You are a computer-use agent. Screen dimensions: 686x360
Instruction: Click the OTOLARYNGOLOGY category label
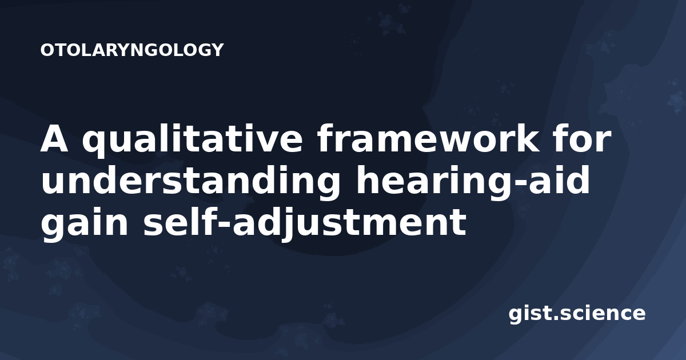132,50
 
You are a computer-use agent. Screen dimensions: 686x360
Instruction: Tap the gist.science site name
577,314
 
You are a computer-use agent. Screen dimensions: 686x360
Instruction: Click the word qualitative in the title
192,139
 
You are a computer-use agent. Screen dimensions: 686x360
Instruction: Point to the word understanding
190,181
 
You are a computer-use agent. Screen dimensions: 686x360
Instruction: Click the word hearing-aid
472,181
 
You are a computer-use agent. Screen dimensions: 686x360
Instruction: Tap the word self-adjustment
305,223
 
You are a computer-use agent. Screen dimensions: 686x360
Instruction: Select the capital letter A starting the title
54,139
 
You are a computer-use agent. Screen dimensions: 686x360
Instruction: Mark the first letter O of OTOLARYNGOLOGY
47,50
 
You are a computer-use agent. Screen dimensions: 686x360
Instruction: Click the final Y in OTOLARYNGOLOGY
217,50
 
